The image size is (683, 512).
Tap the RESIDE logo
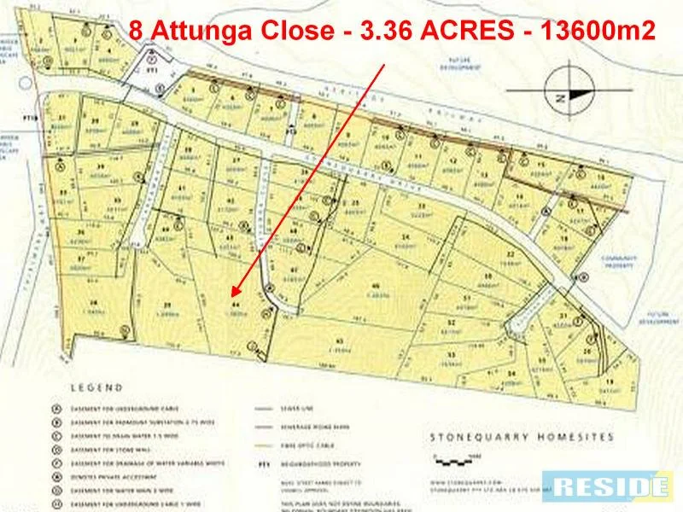(609, 486)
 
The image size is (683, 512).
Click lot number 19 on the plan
(609, 381)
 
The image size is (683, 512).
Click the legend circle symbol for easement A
(55, 407)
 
